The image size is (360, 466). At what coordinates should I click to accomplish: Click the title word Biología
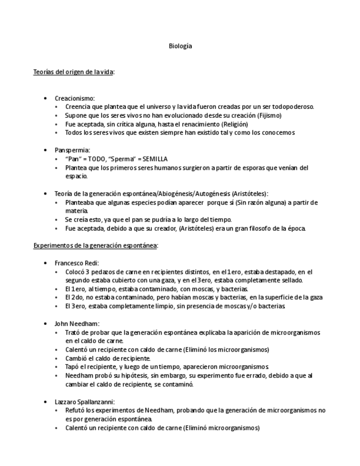(180, 46)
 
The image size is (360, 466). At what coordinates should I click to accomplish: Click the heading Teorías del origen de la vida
(74, 72)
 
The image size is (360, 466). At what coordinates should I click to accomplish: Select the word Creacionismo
(74, 98)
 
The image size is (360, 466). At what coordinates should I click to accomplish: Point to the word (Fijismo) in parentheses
(269, 115)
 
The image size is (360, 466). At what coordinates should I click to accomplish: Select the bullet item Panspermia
(72, 150)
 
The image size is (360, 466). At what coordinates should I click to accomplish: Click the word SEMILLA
(154, 159)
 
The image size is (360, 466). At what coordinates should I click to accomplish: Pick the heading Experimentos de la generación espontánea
(96, 245)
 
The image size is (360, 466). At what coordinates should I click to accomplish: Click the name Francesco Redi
(76, 263)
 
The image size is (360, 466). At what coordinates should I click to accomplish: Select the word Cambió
(75, 358)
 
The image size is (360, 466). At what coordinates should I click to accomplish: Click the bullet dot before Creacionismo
(45, 98)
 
